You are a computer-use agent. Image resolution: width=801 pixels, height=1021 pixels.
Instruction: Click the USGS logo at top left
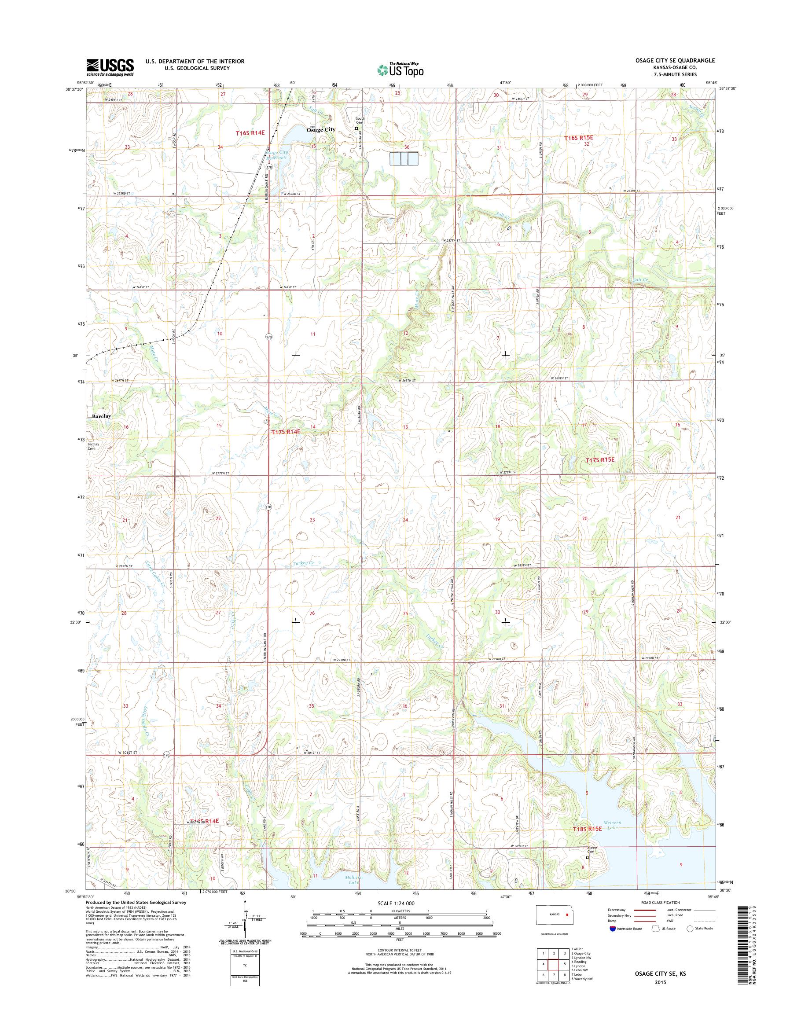(x=110, y=67)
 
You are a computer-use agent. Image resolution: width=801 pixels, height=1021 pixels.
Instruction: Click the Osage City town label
(x=321, y=130)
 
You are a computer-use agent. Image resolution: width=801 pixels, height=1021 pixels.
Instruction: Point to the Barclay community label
(x=101, y=416)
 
